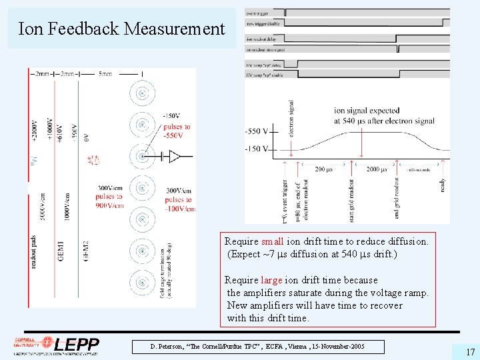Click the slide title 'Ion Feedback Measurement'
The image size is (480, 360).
pyautogui.click(x=122, y=29)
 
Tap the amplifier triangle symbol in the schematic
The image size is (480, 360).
pyautogui.click(x=175, y=157)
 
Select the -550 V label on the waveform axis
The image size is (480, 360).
pyautogui.click(x=255, y=131)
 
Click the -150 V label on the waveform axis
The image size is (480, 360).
pyautogui.click(x=255, y=149)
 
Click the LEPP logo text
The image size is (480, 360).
pyautogui.click(x=77, y=345)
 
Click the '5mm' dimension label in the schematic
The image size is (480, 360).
pyautogui.click(x=105, y=73)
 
